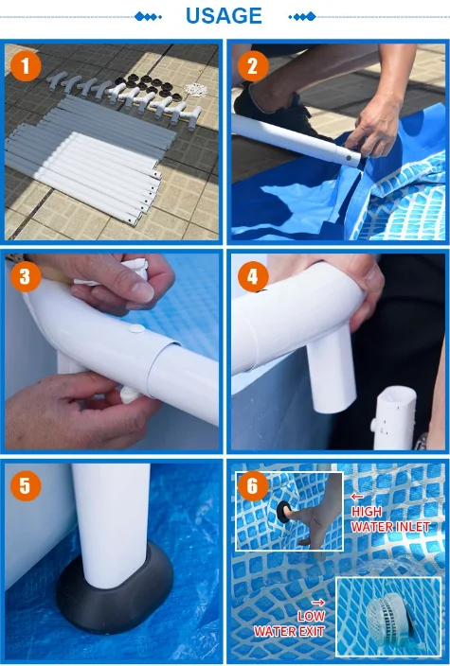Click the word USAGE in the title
[x=224, y=16]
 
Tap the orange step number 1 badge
[x=26, y=66]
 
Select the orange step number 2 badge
[x=253, y=66]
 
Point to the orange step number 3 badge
[x=26, y=276]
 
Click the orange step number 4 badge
[x=253, y=276]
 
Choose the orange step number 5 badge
[x=26, y=485]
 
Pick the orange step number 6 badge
[x=253, y=485]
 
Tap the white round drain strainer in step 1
[x=196, y=90]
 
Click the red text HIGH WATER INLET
[x=390, y=519]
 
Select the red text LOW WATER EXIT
[x=290, y=623]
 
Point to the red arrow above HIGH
[x=357, y=496]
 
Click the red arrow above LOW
[x=317, y=603]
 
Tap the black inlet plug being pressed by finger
[x=282, y=512]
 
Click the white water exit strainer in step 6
[x=387, y=616]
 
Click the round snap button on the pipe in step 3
[x=136, y=328]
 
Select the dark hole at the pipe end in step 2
[x=349, y=158]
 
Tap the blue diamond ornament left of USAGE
[x=148, y=17]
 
